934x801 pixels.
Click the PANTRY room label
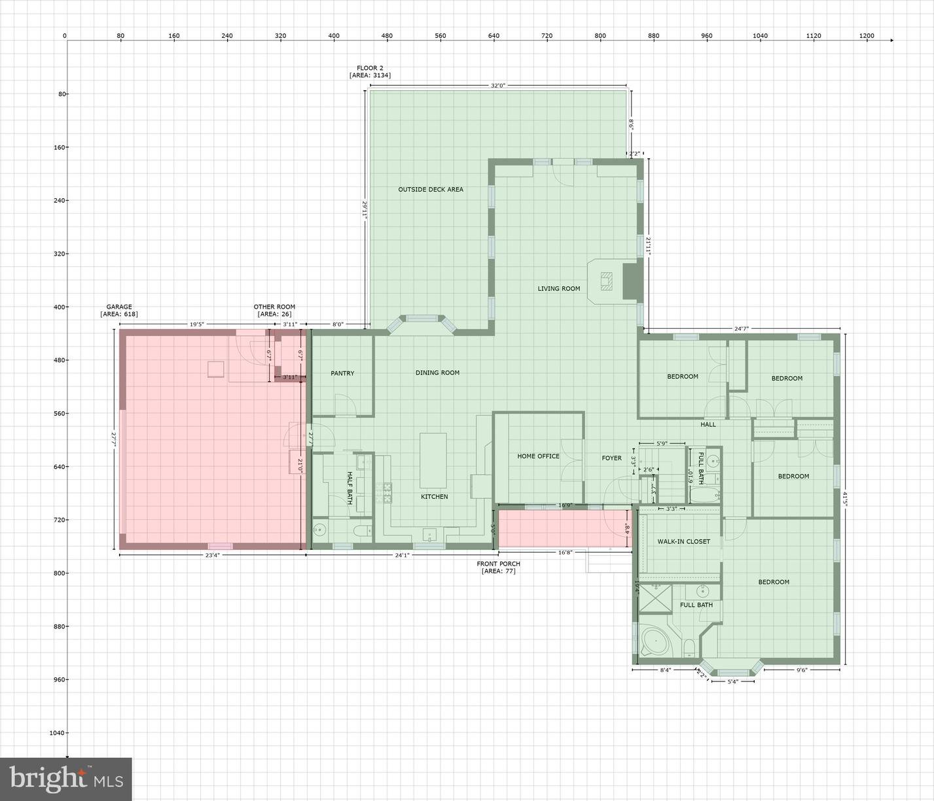point(342,373)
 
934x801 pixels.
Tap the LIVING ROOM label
point(558,288)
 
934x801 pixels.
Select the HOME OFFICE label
point(538,456)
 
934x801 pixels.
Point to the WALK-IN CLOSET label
point(684,541)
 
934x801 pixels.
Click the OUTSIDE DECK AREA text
point(431,190)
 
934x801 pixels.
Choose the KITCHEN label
point(434,497)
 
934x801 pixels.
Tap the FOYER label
point(611,458)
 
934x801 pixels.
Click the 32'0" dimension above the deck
point(497,86)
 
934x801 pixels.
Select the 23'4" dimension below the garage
point(212,555)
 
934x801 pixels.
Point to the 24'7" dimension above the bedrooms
point(741,329)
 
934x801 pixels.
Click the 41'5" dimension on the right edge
point(844,499)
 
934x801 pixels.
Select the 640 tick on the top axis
point(494,36)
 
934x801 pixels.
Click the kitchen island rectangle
point(433,460)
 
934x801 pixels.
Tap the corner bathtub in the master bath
point(655,640)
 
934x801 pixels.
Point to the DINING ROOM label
point(437,373)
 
